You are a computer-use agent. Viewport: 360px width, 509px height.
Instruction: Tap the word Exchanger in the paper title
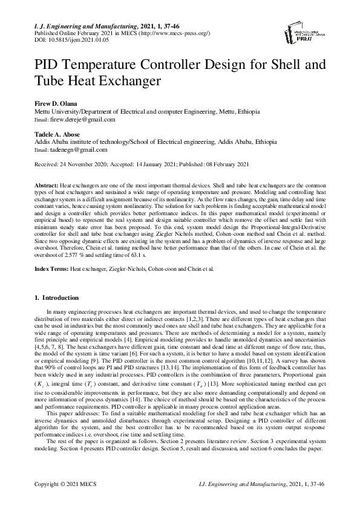pos(125,80)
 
